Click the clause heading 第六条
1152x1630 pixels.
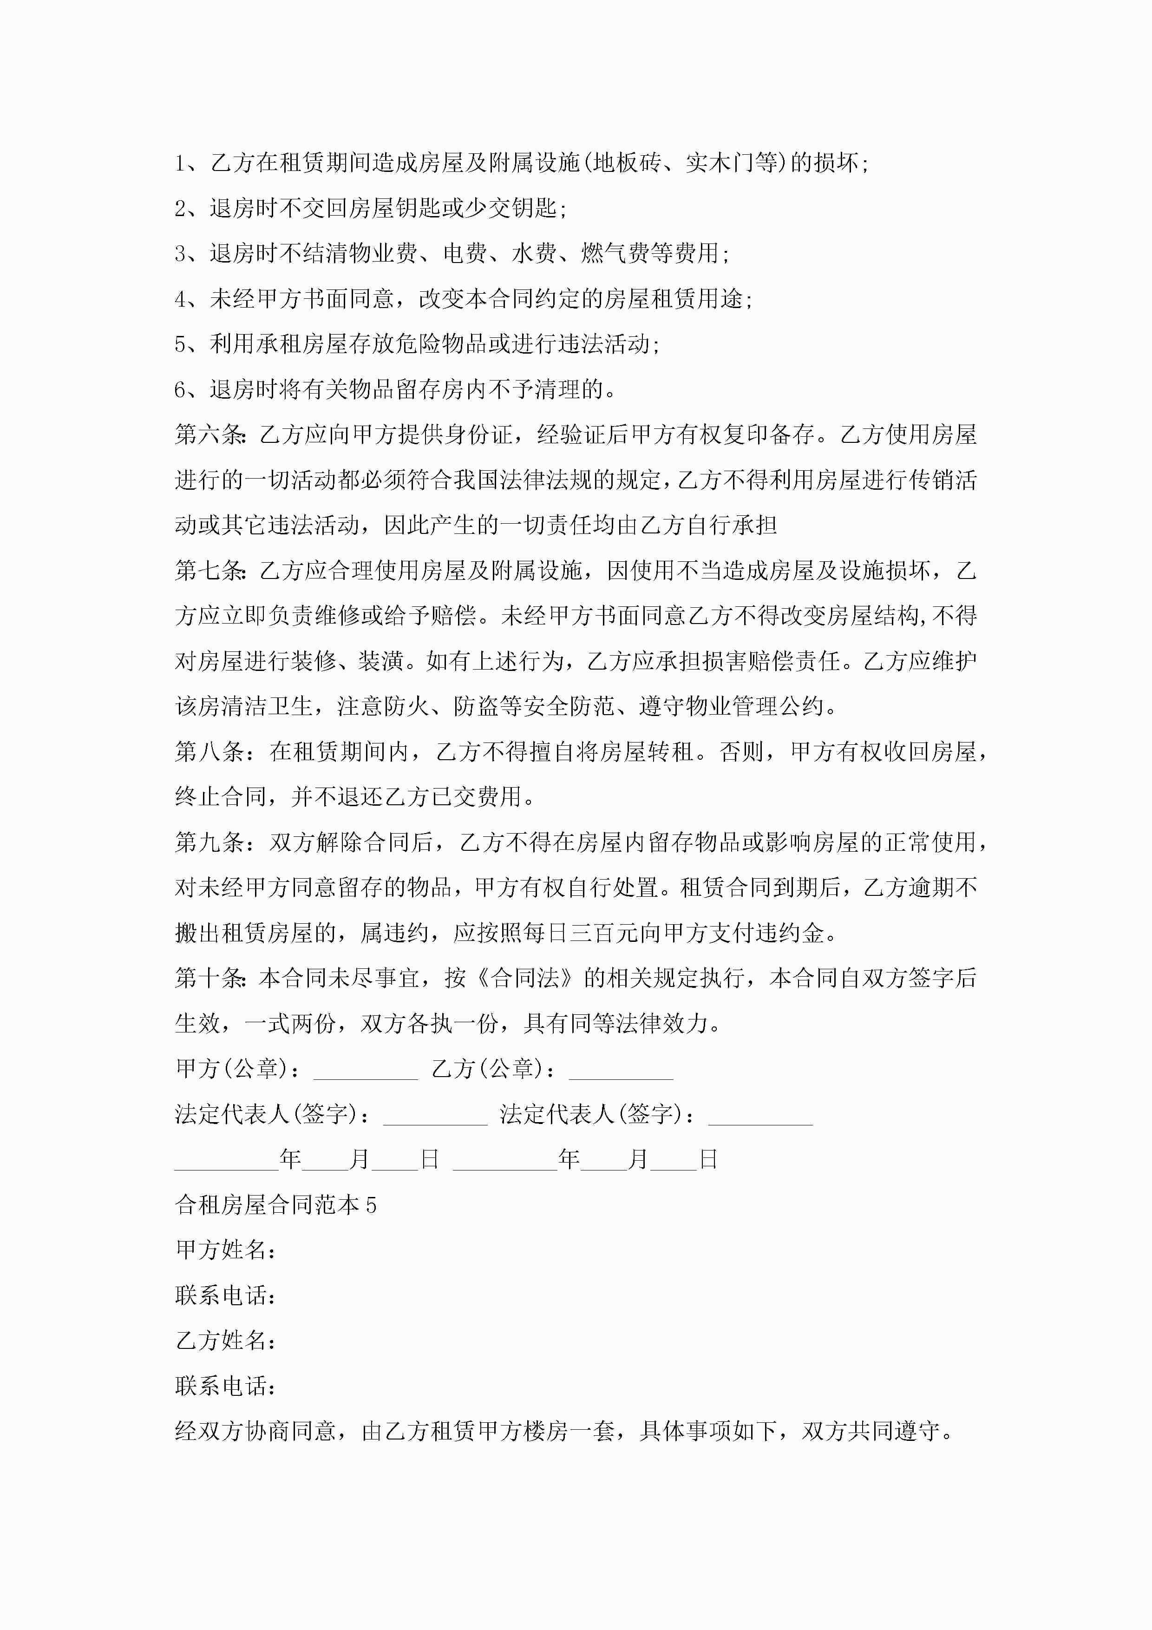pos(210,434)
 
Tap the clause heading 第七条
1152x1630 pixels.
pos(210,571)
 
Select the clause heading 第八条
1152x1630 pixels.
pos(210,752)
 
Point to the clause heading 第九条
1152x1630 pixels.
pos(210,843)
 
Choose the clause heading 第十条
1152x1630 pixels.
pos(210,978)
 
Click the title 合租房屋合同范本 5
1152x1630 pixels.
pos(275,1205)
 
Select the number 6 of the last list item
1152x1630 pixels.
pos(180,390)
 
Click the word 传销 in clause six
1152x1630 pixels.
pos(931,480)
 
